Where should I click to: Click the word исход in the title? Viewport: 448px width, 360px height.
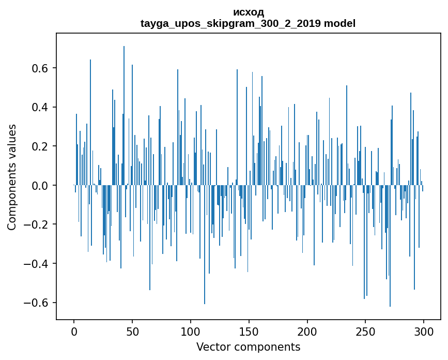[x=249, y=12]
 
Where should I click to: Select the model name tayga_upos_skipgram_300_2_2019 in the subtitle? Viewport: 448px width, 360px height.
[x=229, y=24]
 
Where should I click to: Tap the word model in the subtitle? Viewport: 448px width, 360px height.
[x=339, y=24]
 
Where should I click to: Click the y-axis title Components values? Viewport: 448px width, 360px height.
[x=12, y=177]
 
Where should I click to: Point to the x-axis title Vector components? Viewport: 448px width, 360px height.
[x=248, y=347]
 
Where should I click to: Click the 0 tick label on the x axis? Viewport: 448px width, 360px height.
[x=74, y=331]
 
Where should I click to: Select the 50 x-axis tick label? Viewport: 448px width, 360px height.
[x=132, y=331]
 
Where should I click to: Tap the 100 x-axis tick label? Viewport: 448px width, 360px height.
[x=191, y=331]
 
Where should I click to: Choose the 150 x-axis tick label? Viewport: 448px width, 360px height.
[x=249, y=331]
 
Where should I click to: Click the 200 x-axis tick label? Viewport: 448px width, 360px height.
[x=307, y=331]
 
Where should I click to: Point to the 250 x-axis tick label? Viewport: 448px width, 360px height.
[x=366, y=331]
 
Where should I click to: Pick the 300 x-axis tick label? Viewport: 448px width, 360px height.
[x=424, y=331]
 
